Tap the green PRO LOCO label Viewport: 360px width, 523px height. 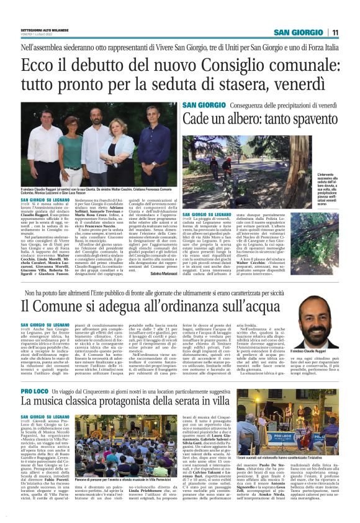pos(34,373)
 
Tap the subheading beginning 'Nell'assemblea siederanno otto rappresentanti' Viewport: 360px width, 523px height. pos(179,47)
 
